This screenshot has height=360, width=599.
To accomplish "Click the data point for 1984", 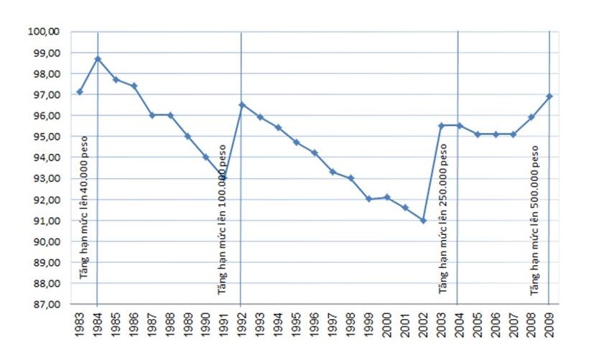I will tap(98, 59).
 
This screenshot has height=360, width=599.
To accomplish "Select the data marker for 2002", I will tap(423, 221).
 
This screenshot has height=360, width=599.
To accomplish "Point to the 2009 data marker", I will tap(549, 96).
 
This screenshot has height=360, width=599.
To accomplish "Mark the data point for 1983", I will tap(80, 92).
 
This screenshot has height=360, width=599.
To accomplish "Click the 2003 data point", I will tap(441, 126).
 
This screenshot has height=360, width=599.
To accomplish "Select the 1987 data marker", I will tap(152, 115).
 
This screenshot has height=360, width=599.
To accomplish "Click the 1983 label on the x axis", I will tap(80, 326).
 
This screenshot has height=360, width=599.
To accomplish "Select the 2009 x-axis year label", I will tap(549, 326).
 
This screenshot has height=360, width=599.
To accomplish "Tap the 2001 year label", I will tap(405, 326).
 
